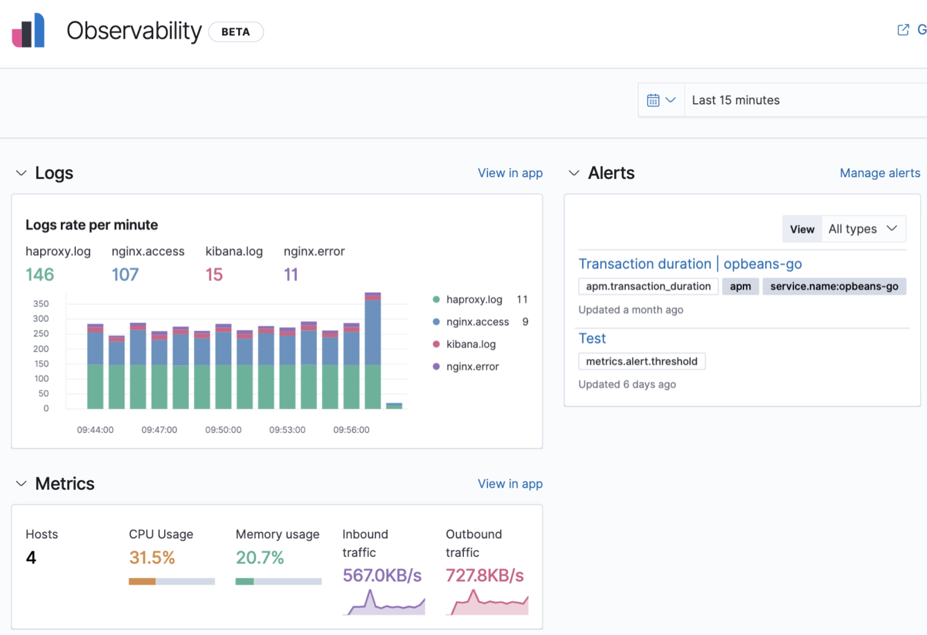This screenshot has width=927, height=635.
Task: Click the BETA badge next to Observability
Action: point(235,32)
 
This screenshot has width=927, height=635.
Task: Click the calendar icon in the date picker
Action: point(653,100)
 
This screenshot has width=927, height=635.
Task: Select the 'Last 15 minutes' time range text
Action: point(735,100)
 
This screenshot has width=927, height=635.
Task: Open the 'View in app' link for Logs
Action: point(510,173)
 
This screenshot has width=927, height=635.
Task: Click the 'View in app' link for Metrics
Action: point(510,484)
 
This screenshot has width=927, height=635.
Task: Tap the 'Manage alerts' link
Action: point(879,173)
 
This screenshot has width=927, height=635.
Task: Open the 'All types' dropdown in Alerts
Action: point(863,229)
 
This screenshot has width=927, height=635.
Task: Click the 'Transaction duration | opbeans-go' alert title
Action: point(690,264)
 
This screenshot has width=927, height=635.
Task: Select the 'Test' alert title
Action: point(592,338)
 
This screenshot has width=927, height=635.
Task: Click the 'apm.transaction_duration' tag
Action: point(648,286)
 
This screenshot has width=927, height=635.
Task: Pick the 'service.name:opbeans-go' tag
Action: point(834,286)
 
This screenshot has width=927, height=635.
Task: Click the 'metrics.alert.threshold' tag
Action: point(641,361)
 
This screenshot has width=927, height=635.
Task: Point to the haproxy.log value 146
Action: point(39,275)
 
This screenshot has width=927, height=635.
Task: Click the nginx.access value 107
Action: point(125,275)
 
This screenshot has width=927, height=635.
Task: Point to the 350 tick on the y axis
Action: point(41,304)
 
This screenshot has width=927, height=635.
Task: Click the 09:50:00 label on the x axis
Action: point(223,430)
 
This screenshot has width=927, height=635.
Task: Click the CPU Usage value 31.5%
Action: point(152,558)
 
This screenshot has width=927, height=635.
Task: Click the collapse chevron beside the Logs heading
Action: point(21,173)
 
